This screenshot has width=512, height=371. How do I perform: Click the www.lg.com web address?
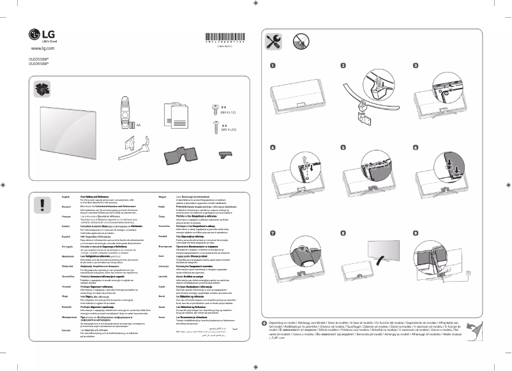coord(41,48)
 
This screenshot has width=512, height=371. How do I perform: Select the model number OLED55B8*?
coord(40,59)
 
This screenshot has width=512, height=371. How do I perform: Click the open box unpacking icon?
coord(43,89)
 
